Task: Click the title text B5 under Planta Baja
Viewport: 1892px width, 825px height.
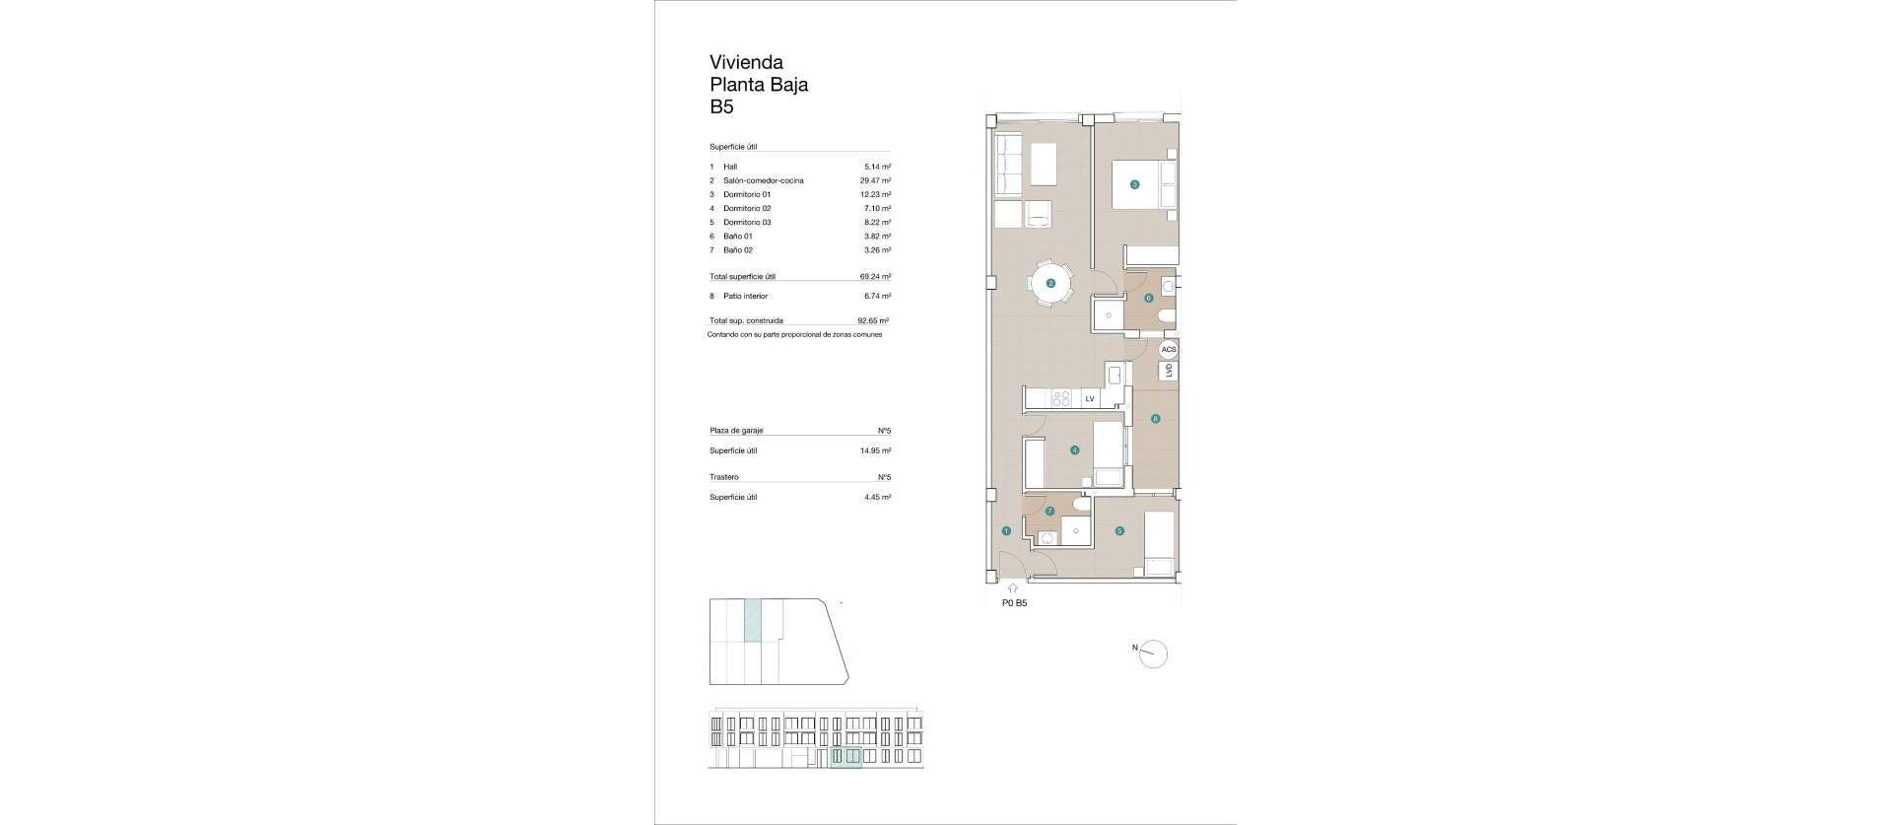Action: pyautogui.click(x=721, y=107)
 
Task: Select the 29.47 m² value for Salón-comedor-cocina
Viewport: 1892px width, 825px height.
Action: pyautogui.click(x=875, y=181)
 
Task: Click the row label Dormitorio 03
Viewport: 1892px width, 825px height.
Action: pyautogui.click(x=747, y=223)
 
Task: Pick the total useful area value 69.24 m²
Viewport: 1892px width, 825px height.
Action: pyautogui.click(x=875, y=278)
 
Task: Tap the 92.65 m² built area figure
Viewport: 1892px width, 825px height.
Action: pyautogui.click(x=873, y=321)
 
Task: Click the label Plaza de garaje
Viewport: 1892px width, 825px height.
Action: pyautogui.click(x=736, y=431)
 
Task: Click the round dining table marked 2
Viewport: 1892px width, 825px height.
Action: pyautogui.click(x=1050, y=284)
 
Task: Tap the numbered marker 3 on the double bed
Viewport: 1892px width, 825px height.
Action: pyautogui.click(x=1134, y=184)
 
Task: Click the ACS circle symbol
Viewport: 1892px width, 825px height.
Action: pyautogui.click(x=1169, y=350)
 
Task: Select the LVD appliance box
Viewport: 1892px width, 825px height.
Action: pyautogui.click(x=1169, y=371)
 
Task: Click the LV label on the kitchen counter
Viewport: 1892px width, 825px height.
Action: pyautogui.click(x=1090, y=399)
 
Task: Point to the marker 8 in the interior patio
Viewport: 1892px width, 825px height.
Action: pyautogui.click(x=1155, y=419)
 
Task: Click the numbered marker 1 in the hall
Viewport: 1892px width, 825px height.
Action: pyautogui.click(x=1005, y=531)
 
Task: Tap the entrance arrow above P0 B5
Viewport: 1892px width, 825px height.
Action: pyautogui.click(x=1012, y=588)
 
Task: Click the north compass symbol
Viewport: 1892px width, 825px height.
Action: pyautogui.click(x=1152, y=653)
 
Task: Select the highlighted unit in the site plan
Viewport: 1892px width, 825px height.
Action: pyautogui.click(x=753, y=621)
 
